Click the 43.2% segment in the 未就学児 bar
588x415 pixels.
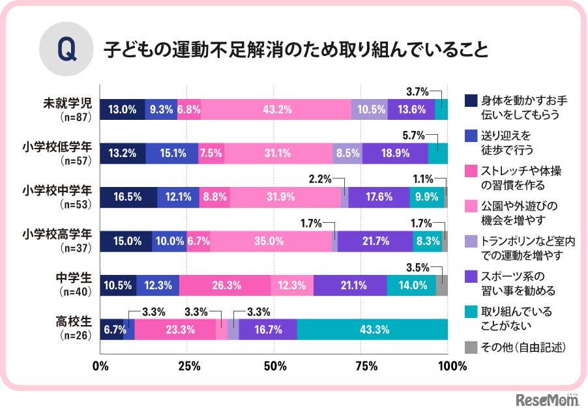tap(276, 109)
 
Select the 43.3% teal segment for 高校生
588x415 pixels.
tap(373, 329)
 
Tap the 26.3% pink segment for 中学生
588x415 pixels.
tap(225, 285)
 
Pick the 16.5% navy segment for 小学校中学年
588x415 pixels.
tap(128, 197)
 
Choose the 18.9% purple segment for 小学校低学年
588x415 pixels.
tap(395, 153)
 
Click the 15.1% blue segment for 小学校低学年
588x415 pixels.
tap(172, 153)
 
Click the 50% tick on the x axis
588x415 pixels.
tap(274, 365)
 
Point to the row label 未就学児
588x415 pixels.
tap(70, 104)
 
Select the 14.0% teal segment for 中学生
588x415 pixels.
tap(411, 285)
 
